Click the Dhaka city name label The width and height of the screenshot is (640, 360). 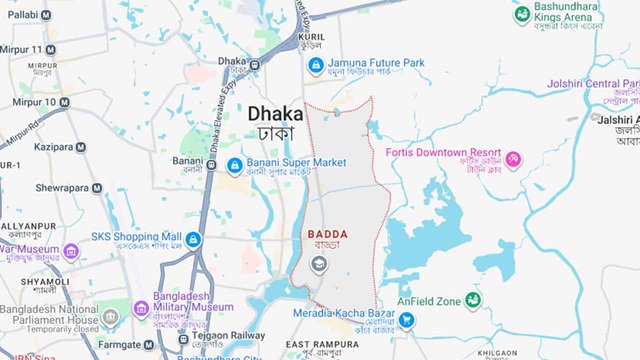[275, 114]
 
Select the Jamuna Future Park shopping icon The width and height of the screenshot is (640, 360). [316, 66]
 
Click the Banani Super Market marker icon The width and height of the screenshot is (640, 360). [235, 165]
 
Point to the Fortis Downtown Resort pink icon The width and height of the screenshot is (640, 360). [513, 160]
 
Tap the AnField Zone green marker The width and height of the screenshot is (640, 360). [472, 300]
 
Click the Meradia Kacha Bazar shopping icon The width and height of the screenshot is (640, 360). [406, 321]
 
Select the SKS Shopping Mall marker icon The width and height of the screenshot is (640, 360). [193, 240]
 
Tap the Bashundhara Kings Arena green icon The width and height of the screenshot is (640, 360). [521, 15]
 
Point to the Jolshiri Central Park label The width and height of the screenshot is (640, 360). [592, 84]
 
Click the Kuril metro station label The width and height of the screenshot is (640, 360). [311, 37]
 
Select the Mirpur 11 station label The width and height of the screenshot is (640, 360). [28, 49]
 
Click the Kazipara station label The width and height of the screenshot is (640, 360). [54, 147]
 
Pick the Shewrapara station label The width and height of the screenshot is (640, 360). [62, 187]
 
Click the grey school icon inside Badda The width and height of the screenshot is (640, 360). [319, 265]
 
